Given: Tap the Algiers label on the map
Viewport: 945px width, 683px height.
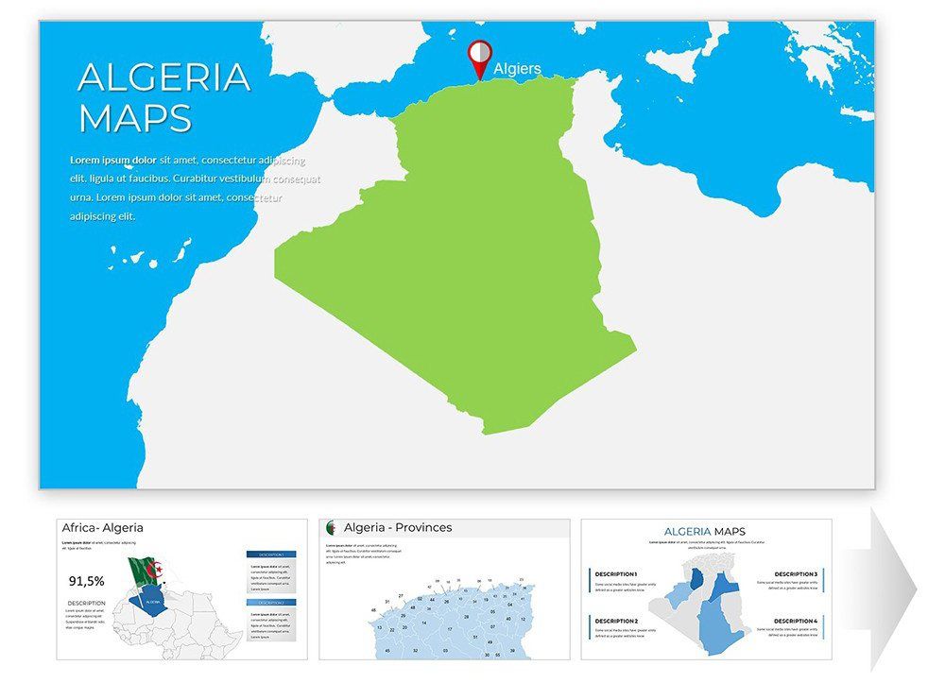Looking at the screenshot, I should point(517,69).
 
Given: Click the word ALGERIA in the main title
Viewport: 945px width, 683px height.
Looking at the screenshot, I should point(163,77).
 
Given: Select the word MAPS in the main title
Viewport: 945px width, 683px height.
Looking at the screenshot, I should point(135,119).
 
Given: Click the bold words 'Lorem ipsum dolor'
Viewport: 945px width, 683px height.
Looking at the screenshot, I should point(113,160).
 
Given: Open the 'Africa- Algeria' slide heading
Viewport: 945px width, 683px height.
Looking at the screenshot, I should point(103,528).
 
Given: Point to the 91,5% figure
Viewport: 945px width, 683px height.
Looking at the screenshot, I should point(87,581).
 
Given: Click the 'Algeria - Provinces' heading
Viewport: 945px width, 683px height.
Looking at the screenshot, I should point(398,527).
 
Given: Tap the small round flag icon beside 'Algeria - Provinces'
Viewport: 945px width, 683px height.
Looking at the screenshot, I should point(332,527).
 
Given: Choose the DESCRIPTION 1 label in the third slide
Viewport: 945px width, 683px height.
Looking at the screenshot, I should point(616,574).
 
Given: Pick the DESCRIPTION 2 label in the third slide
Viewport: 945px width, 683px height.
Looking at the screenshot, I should point(616,621).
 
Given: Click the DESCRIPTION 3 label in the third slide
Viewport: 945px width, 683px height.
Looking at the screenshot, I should point(796,574).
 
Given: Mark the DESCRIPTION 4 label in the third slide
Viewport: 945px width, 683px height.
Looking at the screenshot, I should point(796,621).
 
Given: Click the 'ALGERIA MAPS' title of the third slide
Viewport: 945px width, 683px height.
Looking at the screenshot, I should point(704,532).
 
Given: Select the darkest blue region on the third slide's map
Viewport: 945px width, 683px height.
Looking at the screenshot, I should point(697,579).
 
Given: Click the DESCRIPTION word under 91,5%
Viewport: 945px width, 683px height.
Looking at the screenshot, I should point(86,603).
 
